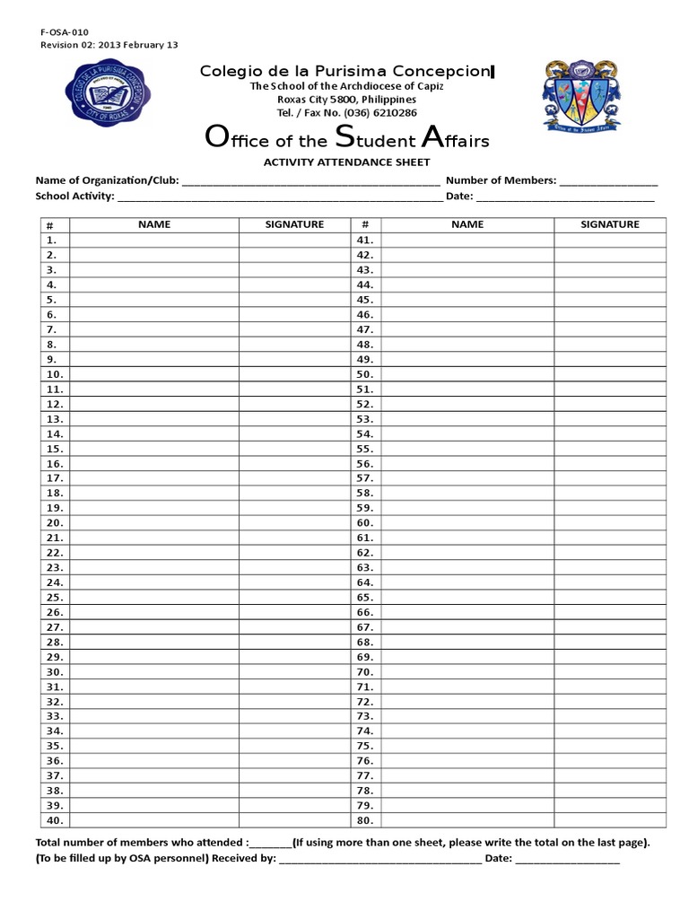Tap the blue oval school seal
(x=108, y=94)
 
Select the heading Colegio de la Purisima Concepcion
(x=345, y=70)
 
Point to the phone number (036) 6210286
(x=382, y=113)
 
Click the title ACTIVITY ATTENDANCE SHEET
(x=345, y=162)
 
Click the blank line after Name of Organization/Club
(x=310, y=181)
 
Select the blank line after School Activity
(x=279, y=197)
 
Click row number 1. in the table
(x=52, y=241)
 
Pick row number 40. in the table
(x=55, y=820)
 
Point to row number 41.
(x=364, y=241)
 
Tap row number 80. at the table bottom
(x=364, y=820)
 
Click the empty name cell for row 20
(x=154, y=522)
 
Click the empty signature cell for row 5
(x=294, y=300)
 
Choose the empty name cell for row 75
(x=467, y=746)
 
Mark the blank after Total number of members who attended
(x=271, y=844)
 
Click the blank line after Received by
(x=380, y=860)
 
